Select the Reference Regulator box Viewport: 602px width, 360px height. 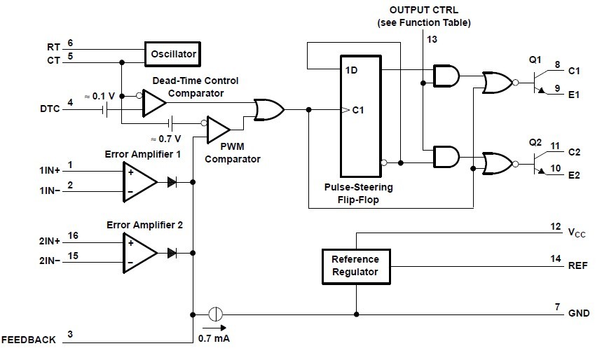pos(355,265)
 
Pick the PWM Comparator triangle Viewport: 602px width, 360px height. pos(218,129)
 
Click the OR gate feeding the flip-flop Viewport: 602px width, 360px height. pos(269,110)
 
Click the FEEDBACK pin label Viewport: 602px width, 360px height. pos(29,340)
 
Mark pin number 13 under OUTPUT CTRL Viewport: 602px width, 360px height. pos(432,40)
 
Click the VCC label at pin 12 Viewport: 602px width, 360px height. pos(577,231)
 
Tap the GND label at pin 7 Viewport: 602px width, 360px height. pos(579,313)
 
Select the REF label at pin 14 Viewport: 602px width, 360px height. pos(578,266)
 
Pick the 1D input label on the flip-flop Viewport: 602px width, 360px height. pos(352,70)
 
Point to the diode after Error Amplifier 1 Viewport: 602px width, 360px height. pos(172,182)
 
